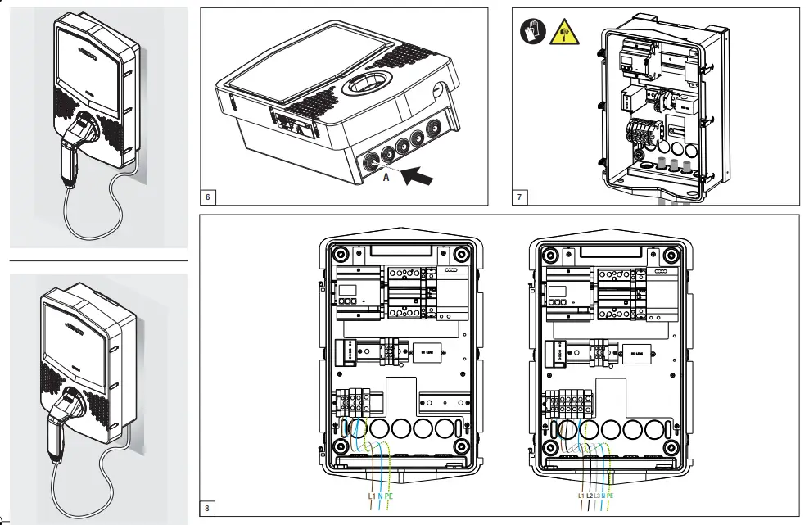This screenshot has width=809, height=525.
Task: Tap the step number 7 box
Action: pyautogui.click(x=520, y=197)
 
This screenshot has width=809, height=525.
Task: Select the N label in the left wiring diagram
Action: pyautogui.click(x=381, y=496)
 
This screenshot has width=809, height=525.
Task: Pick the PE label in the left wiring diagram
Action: pyautogui.click(x=391, y=496)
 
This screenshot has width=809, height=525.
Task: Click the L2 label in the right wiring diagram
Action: pyautogui.click(x=590, y=496)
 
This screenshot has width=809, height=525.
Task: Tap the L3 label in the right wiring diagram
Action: pyautogui.click(x=598, y=496)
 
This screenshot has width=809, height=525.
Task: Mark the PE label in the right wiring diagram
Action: pyautogui.click(x=610, y=496)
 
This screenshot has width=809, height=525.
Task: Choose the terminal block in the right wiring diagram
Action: pyautogui.click(x=566, y=401)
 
